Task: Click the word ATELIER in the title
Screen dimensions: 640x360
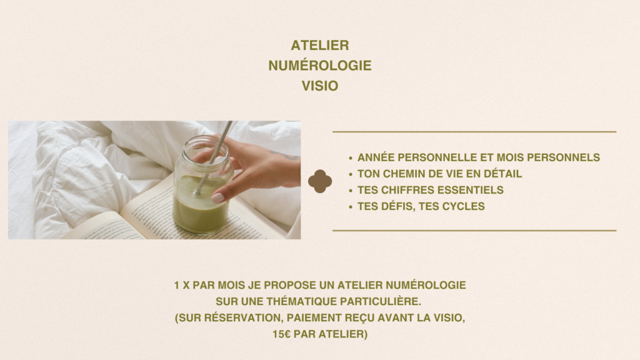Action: (x=320, y=45)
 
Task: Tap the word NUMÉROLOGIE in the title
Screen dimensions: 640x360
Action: (x=320, y=65)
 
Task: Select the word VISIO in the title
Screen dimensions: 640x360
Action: (x=320, y=86)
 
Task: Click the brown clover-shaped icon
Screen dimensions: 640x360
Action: (x=320, y=181)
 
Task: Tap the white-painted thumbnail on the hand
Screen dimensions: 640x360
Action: (x=217, y=198)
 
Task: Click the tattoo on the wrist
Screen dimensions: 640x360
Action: (x=286, y=155)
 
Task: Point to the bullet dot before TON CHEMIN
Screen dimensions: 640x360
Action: (x=351, y=174)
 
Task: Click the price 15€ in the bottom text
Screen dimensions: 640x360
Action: (x=282, y=334)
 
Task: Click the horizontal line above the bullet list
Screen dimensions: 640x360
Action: (x=474, y=132)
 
